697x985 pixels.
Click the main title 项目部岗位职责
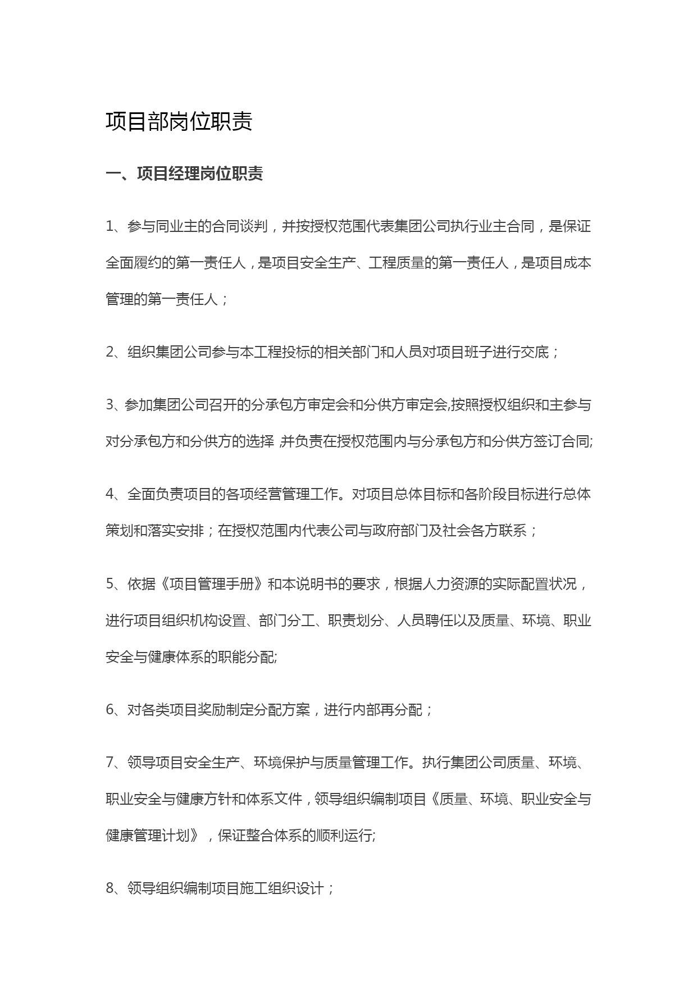[x=179, y=121]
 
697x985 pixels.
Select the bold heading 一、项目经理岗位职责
[x=184, y=174]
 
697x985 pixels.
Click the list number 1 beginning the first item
[x=110, y=226]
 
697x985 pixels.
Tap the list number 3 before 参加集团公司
[x=110, y=405]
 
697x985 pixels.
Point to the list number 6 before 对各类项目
[x=110, y=710]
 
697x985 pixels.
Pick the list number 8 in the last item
[x=110, y=888]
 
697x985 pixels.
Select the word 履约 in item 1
[x=148, y=263]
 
